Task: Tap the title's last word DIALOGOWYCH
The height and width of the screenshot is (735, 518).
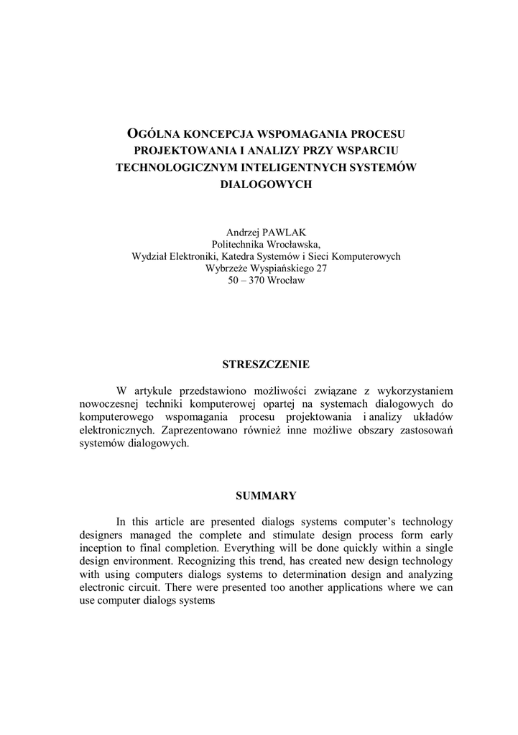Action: coord(265,184)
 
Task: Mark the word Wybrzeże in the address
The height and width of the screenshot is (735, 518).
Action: coord(227,268)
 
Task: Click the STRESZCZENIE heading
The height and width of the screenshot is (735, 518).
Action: coord(265,364)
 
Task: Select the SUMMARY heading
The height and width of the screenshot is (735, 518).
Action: coord(266,495)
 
